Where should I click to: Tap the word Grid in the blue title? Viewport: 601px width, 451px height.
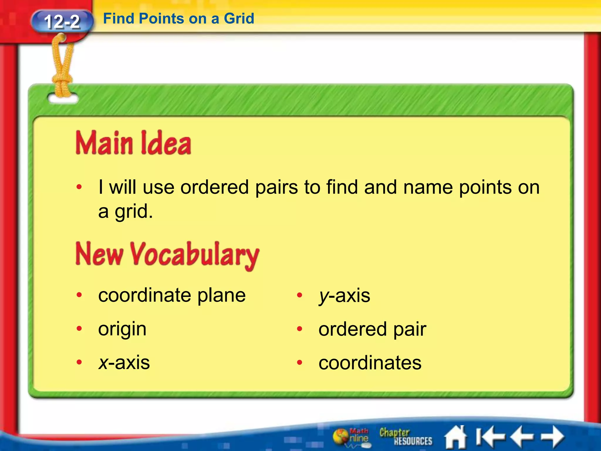coord(239,19)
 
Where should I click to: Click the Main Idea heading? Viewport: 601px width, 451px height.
coord(134,143)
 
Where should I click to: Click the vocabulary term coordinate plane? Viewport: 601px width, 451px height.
coord(172,295)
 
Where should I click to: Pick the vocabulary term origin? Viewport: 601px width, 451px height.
coord(122,329)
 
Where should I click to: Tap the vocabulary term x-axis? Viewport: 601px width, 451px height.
coord(124,363)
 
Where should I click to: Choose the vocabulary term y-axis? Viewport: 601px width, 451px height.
coord(345,296)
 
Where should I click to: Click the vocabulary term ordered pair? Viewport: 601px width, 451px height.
coord(372,329)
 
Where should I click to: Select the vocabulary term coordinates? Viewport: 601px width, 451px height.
coord(370,363)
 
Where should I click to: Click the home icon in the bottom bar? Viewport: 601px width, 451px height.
coord(455,437)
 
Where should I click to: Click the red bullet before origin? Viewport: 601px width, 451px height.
coord(79,329)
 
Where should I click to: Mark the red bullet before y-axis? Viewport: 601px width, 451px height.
coord(299,295)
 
